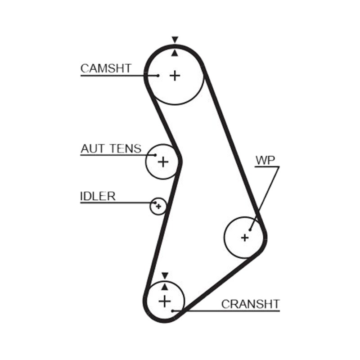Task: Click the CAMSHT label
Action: click(x=106, y=68)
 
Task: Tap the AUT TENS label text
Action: click(x=111, y=148)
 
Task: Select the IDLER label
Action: click(x=98, y=196)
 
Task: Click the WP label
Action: click(x=265, y=160)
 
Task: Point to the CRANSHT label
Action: click(x=251, y=304)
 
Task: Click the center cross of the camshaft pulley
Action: click(x=175, y=76)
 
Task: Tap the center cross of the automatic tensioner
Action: click(x=163, y=162)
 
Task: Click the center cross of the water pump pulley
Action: click(x=245, y=238)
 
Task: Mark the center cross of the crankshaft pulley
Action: click(x=165, y=301)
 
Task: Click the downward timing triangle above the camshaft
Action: click(x=175, y=39)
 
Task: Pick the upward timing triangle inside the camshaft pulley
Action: click(x=175, y=53)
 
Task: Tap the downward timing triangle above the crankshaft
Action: click(x=165, y=275)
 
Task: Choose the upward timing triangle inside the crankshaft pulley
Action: click(x=165, y=287)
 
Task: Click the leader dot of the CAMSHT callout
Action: click(x=158, y=76)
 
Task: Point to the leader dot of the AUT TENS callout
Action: click(x=155, y=155)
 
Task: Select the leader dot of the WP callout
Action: click(x=250, y=229)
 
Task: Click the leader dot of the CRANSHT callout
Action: click(x=172, y=311)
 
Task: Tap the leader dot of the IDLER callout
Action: click(x=155, y=203)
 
